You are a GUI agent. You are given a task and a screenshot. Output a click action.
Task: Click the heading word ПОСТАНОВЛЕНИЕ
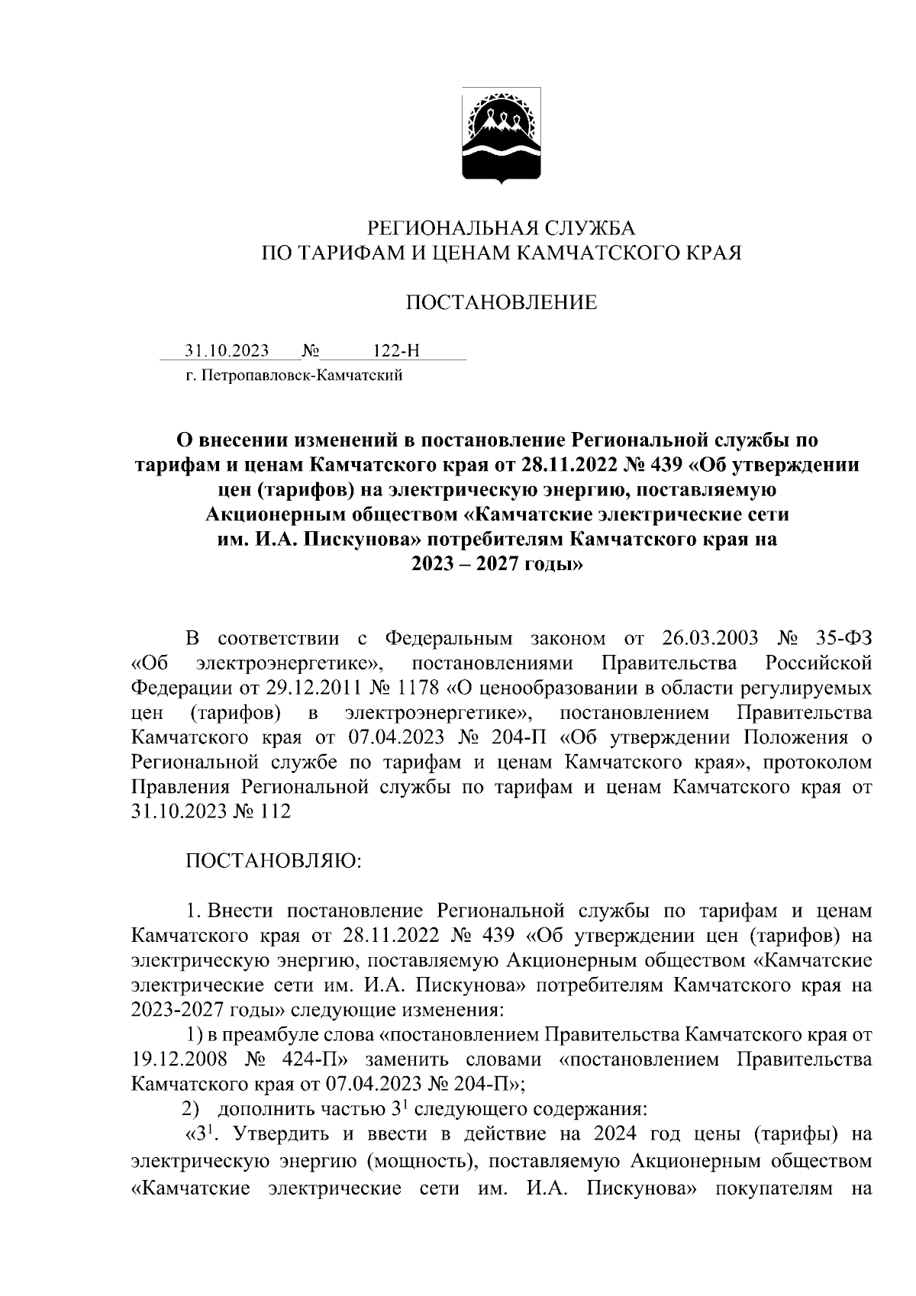point(501,303)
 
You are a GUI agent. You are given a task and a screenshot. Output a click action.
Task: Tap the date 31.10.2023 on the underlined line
point(227,350)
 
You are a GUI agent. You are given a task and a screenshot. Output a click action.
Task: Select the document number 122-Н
point(396,350)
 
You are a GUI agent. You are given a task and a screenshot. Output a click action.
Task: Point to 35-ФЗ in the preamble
point(840,637)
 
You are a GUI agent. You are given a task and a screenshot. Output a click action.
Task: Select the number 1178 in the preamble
point(416,688)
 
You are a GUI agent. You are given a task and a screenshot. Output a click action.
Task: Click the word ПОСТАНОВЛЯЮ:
point(273,861)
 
